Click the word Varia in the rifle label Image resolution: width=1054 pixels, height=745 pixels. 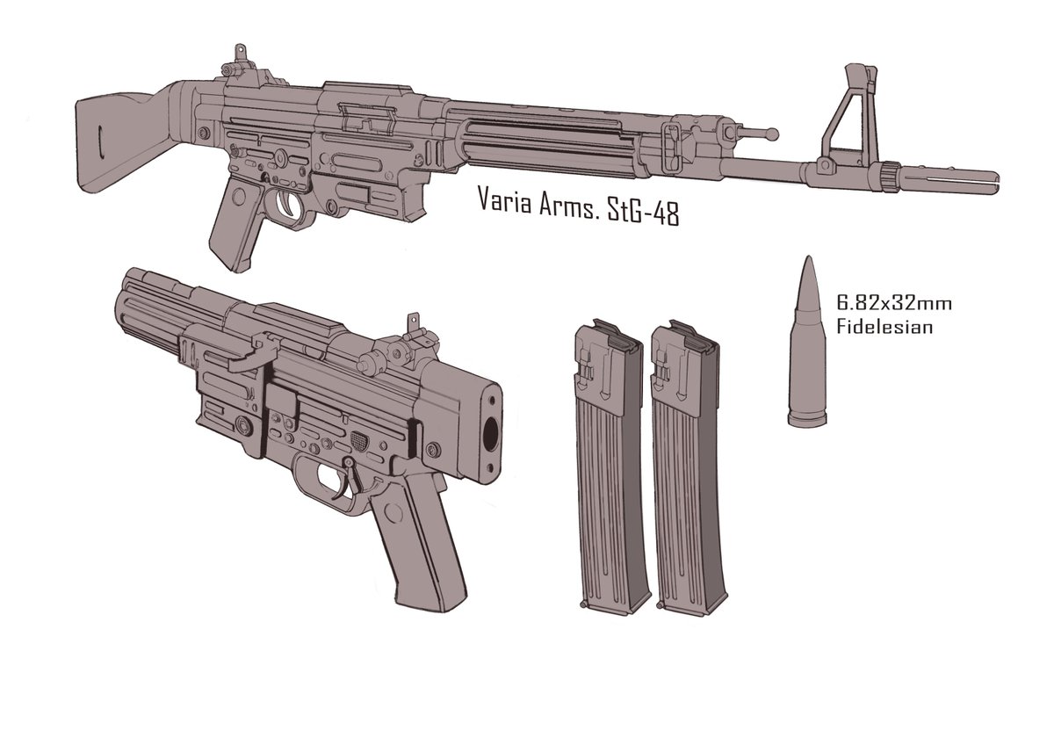pyautogui.click(x=505, y=199)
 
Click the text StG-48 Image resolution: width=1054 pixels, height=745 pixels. pyautogui.click(x=642, y=213)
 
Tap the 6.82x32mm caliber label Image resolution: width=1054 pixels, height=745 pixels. pyautogui.click(x=892, y=304)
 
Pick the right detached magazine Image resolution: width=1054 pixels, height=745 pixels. pyautogui.click(x=683, y=466)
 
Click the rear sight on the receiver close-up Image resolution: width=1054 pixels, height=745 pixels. pyautogui.click(x=415, y=334)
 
